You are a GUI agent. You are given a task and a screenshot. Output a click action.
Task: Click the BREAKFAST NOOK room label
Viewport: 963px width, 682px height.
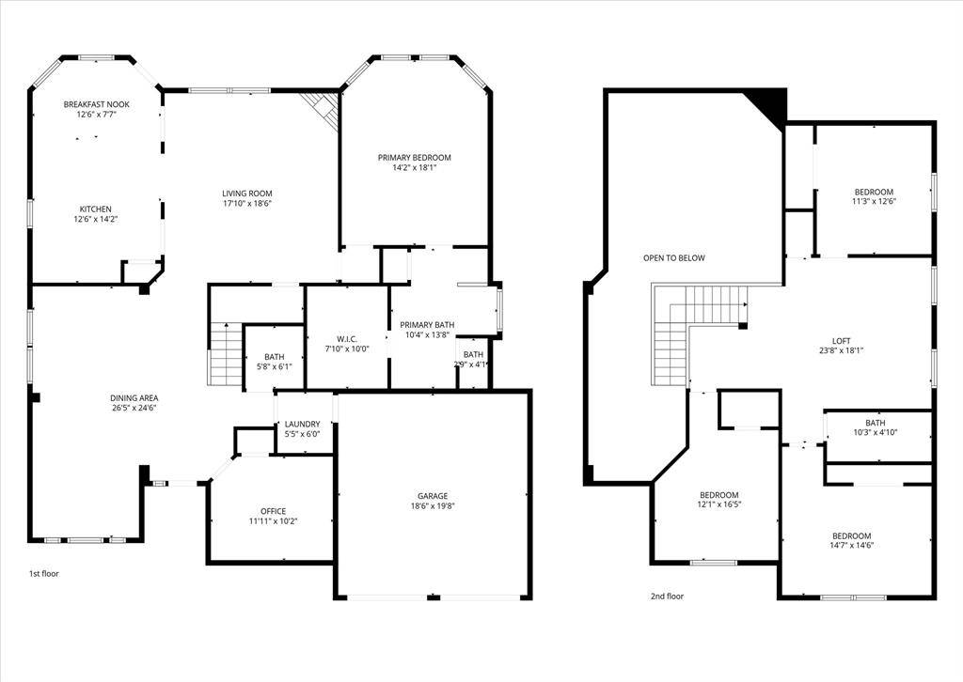pyautogui.click(x=96, y=103)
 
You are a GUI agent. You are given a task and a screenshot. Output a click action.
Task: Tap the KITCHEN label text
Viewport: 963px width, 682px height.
pyautogui.click(x=96, y=209)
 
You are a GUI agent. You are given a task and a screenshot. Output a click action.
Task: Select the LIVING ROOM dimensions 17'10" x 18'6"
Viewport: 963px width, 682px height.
pyautogui.click(x=247, y=203)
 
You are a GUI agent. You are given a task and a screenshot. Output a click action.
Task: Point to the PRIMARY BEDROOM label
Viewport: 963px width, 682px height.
pyautogui.click(x=415, y=157)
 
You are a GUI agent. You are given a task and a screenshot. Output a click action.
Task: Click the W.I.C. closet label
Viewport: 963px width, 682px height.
pyautogui.click(x=347, y=338)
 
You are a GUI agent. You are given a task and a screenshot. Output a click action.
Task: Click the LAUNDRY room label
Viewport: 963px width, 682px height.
pyautogui.click(x=303, y=424)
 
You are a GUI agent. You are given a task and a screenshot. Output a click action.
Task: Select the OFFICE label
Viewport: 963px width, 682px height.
pyautogui.click(x=274, y=511)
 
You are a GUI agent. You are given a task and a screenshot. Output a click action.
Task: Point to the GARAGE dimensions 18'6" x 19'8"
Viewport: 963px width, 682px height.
pyautogui.click(x=433, y=506)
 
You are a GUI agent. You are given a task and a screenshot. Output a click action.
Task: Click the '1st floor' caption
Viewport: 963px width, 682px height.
pyautogui.click(x=43, y=572)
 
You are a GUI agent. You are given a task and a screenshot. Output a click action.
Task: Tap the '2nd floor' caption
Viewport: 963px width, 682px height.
pyautogui.click(x=668, y=596)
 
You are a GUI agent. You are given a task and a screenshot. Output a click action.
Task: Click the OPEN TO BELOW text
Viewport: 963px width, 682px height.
pyautogui.click(x=674, y=257)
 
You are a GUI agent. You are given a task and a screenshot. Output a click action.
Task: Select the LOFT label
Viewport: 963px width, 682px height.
pyautogui.click(x=841, y=340)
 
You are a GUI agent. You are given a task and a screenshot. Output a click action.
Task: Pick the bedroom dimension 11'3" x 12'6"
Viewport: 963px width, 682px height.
pyautogui.click(x=874, y=201)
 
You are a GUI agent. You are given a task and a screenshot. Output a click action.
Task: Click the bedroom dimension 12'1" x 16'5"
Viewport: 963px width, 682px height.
pyautogui.click(x=719, y=504)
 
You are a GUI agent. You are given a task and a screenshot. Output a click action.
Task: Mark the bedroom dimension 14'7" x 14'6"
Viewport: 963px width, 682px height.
pyautogui.click(x=850, y=546)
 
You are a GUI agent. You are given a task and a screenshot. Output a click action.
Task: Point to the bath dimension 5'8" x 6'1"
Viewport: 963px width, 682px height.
pyautogui.click(x=274, y=366)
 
